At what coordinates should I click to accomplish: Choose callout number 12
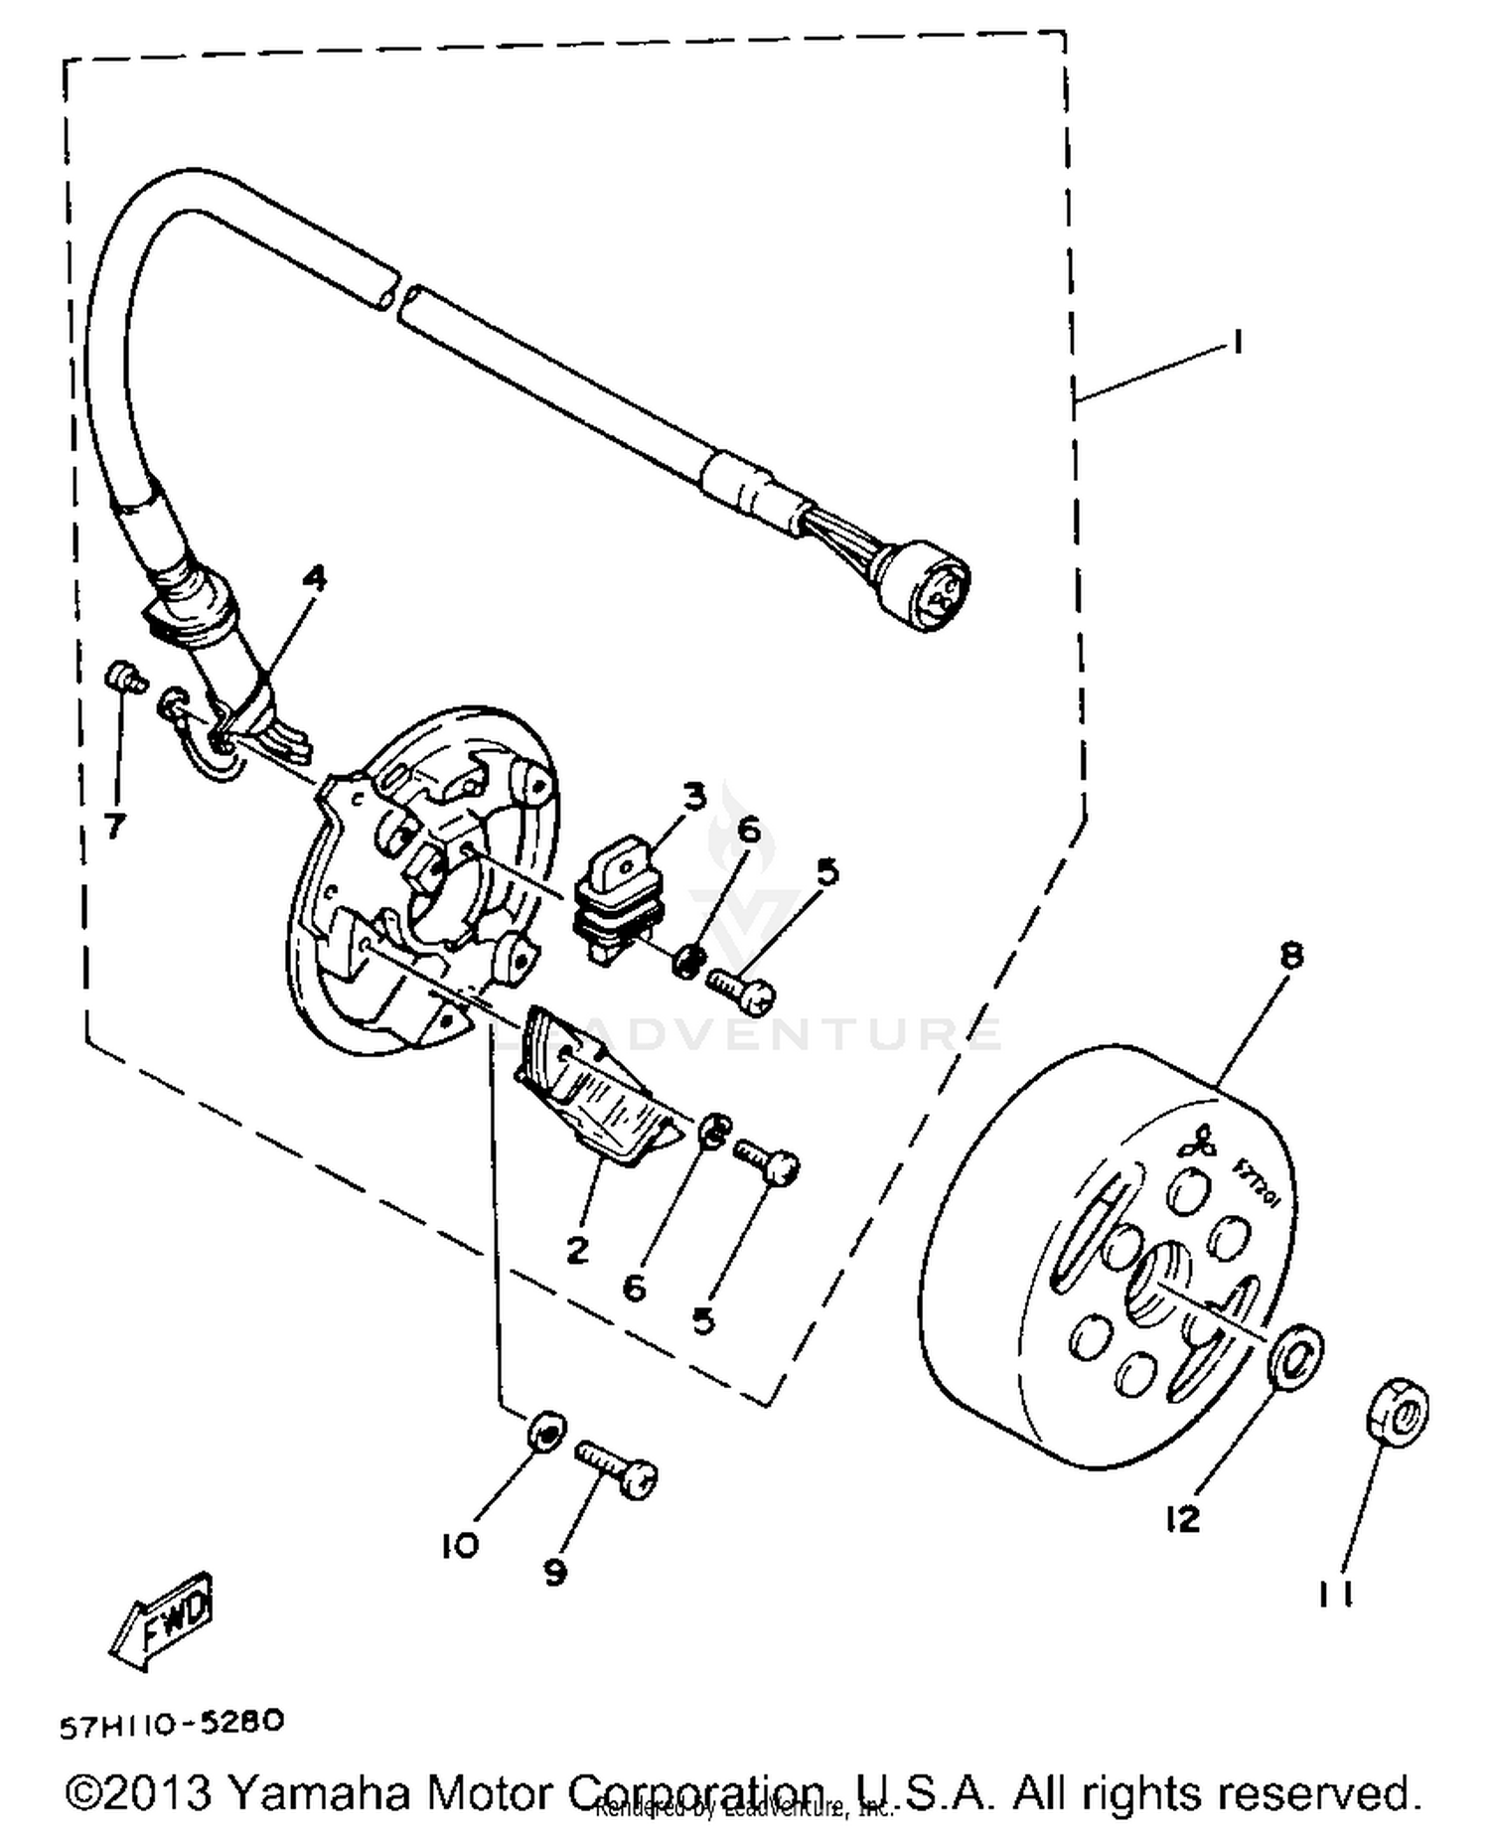tap(1182, 1518)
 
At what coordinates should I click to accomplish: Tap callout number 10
tap(460, 1545)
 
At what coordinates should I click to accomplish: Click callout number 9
tap(554, 1572)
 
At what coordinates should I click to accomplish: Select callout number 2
tap(577, 1250)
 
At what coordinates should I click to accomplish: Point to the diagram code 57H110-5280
tap(172, 1724)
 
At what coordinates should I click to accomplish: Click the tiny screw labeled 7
tap(123, 678)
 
